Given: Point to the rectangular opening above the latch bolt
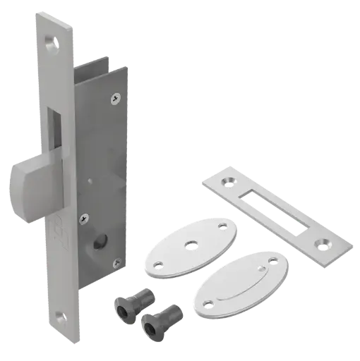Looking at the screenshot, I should [53, 130].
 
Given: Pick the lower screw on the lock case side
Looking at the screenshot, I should [83, 217].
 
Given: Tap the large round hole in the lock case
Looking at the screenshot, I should [94, 248].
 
